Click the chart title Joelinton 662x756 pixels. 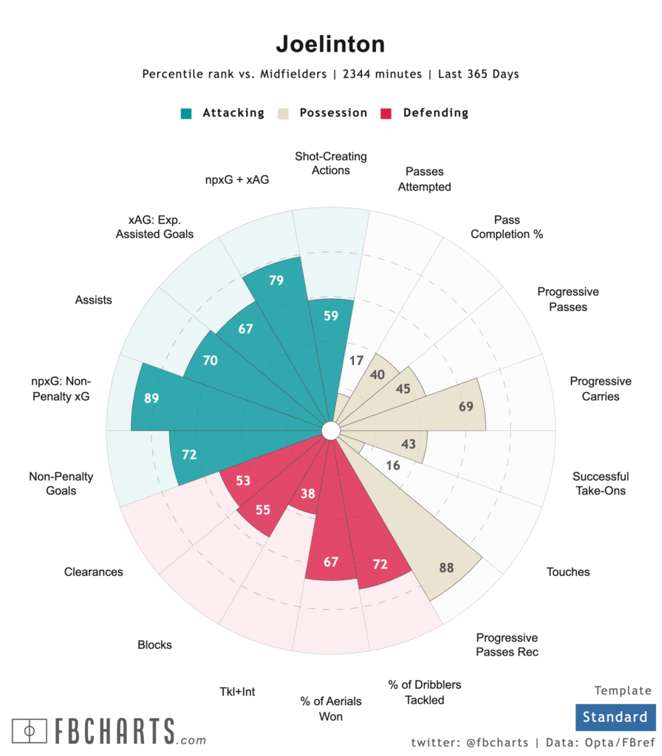pos(330,44)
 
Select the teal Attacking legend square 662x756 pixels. pos(186,114)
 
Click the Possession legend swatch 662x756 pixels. pos(283,114)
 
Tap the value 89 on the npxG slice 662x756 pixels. pos(151,398)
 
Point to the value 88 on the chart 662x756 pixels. pos(446,568)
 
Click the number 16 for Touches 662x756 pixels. pos(393,466)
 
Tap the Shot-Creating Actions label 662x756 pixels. pos(330,163)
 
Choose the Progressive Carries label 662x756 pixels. pos(600,389)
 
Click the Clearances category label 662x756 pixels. pos(93,571)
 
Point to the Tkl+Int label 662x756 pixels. pos(237,692)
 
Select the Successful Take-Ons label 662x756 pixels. pos(600,484)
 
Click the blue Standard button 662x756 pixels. pos(615,717)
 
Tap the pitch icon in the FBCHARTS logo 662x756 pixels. pos(30,730)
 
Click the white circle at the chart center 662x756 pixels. pos(330,430)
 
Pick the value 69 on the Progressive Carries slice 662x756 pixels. pos(465,407)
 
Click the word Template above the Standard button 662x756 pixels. pos(623,691)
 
